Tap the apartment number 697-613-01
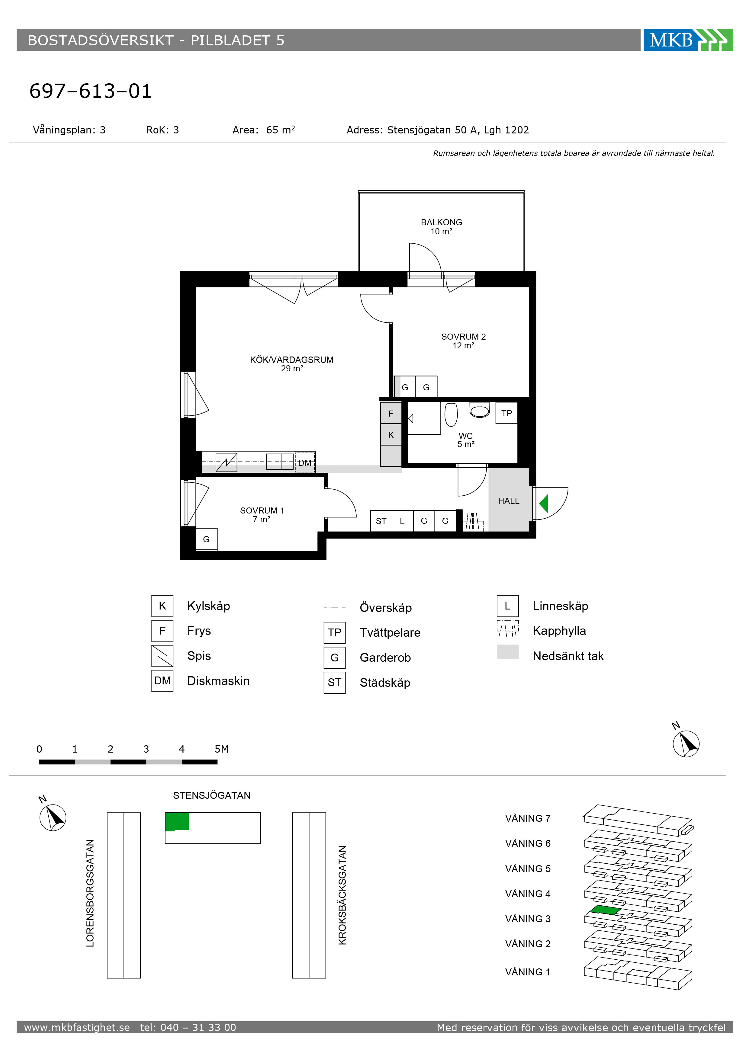point(90,91)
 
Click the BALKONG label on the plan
point(441,222)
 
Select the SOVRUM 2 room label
point(463,337)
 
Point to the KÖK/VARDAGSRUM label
point(292,360)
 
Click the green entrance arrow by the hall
point(544,503)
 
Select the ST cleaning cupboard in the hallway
point(381,521)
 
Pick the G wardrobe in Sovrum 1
point(206,539)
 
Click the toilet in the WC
point(480,410)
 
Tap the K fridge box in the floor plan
point(391,435)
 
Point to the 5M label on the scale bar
point(221,749)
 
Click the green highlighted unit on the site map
point(177,821)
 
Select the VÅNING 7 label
point(528,818)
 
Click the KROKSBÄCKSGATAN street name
point(342,895)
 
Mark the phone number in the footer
point(188,1027)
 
